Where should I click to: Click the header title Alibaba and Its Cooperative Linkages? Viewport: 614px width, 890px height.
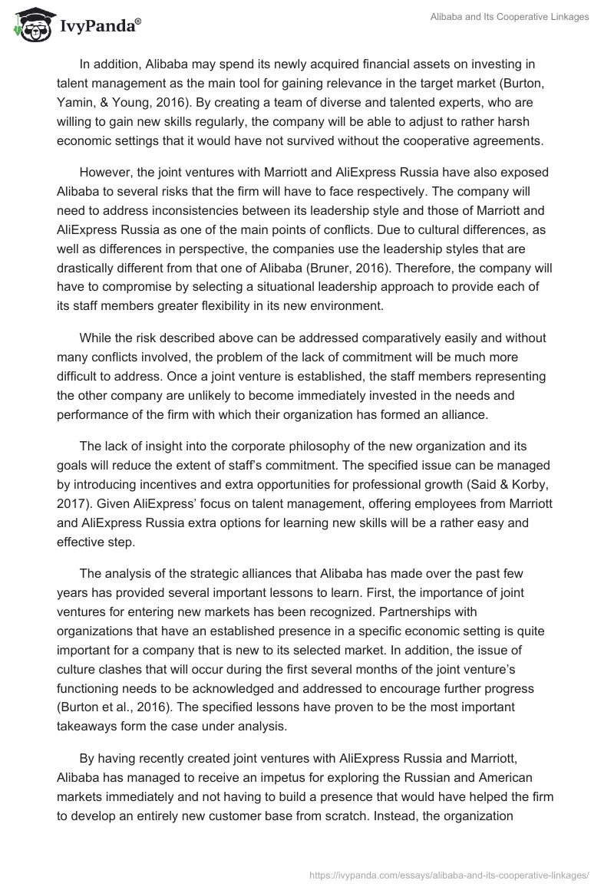510,17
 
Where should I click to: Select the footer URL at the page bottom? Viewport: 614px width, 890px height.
450,874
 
